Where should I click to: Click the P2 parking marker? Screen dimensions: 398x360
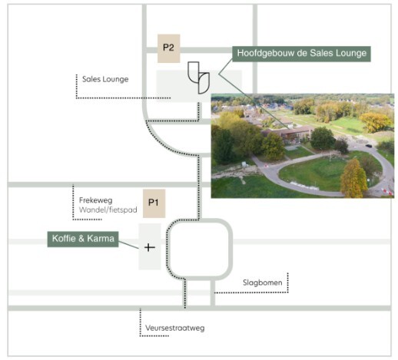(168, 48)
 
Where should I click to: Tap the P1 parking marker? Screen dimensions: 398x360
(154, 203)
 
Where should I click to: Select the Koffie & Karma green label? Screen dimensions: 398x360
(83, 239)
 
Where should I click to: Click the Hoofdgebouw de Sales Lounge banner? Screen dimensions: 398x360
(301, 54)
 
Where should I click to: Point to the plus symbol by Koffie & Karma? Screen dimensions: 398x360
(150, 247)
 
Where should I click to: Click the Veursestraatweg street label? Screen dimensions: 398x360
(175, 328)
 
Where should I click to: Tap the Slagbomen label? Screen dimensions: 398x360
(263, 282)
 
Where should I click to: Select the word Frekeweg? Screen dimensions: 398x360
(96, 200)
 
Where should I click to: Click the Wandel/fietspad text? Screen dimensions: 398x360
(108, 210)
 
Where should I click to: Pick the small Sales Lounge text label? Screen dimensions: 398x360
(105, 79)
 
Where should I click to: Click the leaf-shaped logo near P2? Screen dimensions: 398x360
(198, 78)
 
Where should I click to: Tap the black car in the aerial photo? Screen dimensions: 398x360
(369, 146)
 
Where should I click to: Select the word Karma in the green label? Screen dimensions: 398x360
(101, 239)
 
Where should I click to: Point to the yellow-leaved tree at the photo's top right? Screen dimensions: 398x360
(376, 122)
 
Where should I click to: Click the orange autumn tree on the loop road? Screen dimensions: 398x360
(353, 179)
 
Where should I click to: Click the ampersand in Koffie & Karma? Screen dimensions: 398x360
(81, 239)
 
